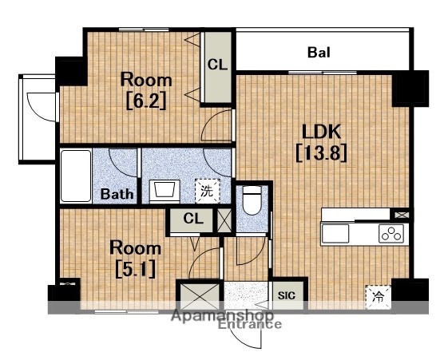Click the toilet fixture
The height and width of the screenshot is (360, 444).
click(252, 200)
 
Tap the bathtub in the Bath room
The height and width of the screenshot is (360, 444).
click(76, 176)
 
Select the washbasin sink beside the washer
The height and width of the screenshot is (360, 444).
click(165, 191)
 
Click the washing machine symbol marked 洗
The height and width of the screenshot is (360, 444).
click(208, 191)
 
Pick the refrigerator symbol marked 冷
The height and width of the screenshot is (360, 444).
click(378, 297)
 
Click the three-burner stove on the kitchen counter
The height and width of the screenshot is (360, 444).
click(391, 234)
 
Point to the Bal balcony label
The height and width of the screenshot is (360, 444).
click(319, 53)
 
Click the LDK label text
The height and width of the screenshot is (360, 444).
click(321, 132)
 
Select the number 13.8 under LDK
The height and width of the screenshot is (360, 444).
click(321, 152)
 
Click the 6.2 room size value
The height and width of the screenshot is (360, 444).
click(146, 101)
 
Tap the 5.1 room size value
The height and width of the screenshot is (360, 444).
click(136, 269)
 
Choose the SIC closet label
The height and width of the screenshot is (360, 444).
click(286, 295)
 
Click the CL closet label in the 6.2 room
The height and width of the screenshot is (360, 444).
click(217, 65)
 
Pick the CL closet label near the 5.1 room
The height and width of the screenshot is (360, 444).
click(193, 219)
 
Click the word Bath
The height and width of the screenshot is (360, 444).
click(117, 194)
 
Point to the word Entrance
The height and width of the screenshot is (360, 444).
click(250, 324)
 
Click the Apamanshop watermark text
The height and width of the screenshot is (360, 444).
click(223, 315)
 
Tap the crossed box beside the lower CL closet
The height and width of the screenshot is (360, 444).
click(224, 220)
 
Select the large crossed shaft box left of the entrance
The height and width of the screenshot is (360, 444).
click(200, 296)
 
